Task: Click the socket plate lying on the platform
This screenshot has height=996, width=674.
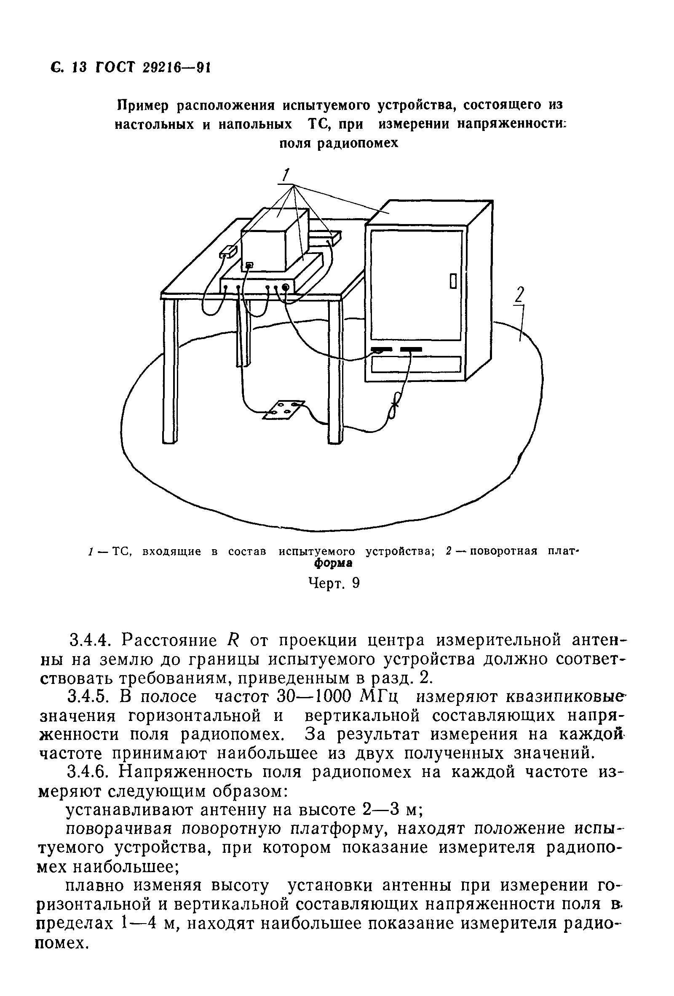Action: coord(284,409)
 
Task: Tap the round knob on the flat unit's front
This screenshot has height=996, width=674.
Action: coord(285,288)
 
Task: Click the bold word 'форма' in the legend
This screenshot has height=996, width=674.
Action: coord(334,563)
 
